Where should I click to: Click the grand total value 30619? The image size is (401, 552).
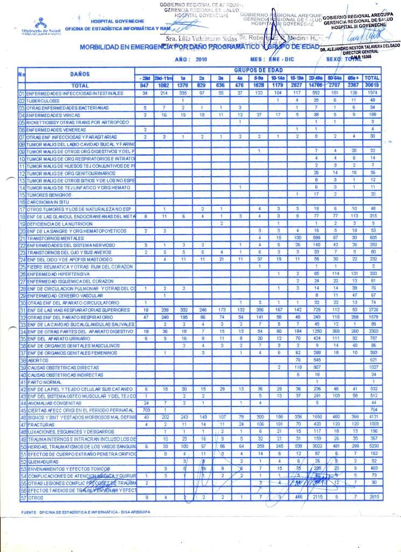pos(372,85)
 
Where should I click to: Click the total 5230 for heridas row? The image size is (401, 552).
pos(372,447)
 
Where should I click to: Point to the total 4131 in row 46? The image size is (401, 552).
pos(372,417)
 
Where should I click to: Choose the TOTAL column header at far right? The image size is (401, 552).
pos(372,78)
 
